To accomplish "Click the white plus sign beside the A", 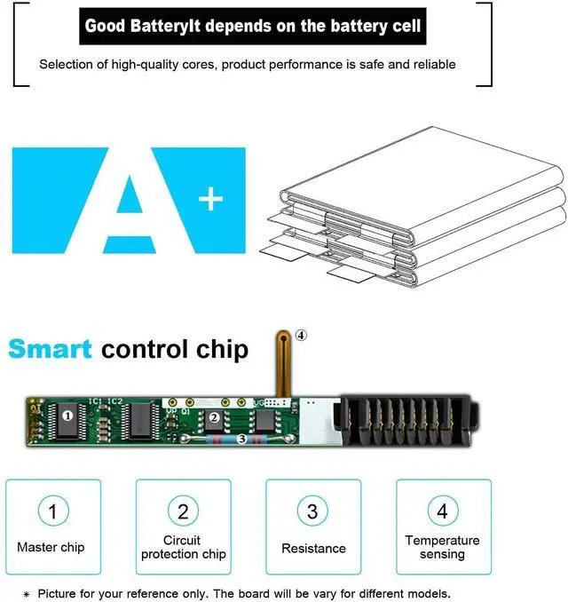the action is (210, 201).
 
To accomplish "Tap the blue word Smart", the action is (50, 348).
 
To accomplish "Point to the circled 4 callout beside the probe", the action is (302, 335).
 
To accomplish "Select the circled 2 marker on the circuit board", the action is (213, 417).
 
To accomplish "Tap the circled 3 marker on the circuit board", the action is (241, 440).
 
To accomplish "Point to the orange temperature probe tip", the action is (282, 337).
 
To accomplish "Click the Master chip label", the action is (51, 548).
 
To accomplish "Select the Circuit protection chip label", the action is (182, 547).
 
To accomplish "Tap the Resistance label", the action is (313, 549).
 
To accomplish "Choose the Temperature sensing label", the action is (442, 547).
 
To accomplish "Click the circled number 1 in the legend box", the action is (52, 511).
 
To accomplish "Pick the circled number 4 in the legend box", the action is (442, 511).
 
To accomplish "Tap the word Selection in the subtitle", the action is (66, 64).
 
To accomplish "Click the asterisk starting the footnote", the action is (27, 594).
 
